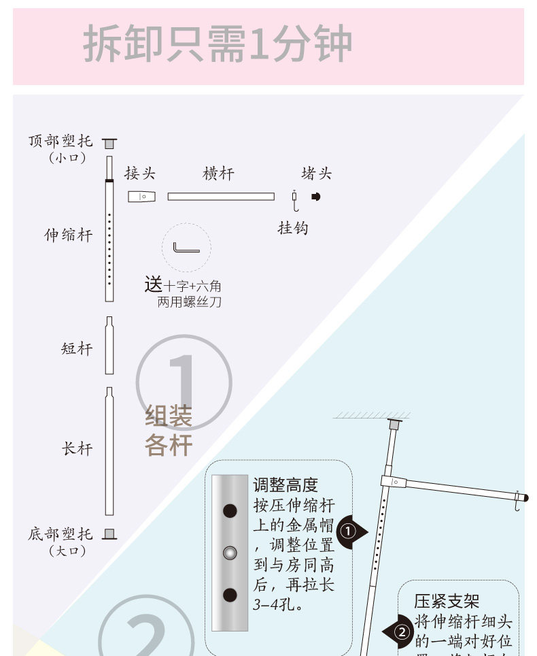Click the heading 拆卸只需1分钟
(218, 46)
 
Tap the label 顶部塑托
(60, 142)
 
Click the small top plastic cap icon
(109, 143)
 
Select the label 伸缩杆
(69, 235)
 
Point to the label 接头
(140, 174)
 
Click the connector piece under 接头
(141, 197)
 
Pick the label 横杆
(218, 174)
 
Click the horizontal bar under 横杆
(221, 197)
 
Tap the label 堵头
(317, 174)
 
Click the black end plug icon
(315, 197)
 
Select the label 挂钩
(293, 228)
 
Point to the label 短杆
(77, 349)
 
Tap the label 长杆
(77, 449)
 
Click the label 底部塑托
(60, 534)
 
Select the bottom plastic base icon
(109, 534)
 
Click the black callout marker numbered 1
(349, 531)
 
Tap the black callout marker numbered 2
(401, 632)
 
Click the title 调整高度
(285, 485)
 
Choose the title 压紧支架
(447, 602)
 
